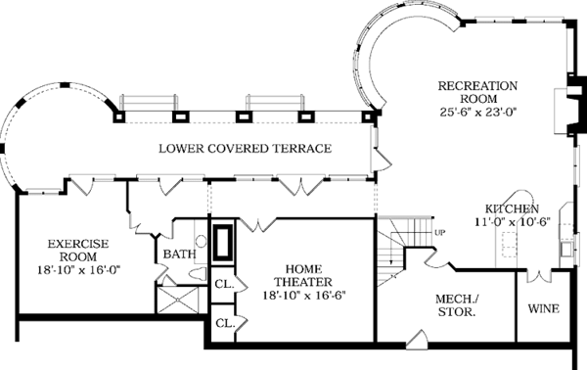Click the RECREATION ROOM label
pyautogui.click(x=477, y=92)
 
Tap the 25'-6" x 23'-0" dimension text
pyautogui.click(x=478, y=112)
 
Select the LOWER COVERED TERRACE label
pyautogui.click(x=246, y=149)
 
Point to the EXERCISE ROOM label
pyautogui.click(x=78, y=251)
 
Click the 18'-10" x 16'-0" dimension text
pyautogui.click(x=78, y=269)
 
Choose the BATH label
pyautogui.click(x=179, y=254)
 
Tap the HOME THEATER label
pyautogui.click(x=303, y=275)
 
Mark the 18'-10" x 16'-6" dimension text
pyautogui.click(x=303, y=295)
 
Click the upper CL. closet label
pyautogui.click(x=224, y=284)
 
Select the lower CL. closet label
pyautogui.click(x=225, y=323)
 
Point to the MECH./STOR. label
pyautogui.click(x=457, y=305)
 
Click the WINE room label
pyautogui.click(x=544, y=308)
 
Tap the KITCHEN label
pyautogui.click(x=512, y=208)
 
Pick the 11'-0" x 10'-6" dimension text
pyautogui.click(x=512, y=221)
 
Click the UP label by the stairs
pyautogui.click(x=440, y=233)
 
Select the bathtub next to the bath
pyautogui.click(x=223, y=242)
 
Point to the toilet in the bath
pyautogui.click(x=198, y=274)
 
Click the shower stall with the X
pyautogui.click(x=177, y=300)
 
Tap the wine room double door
pyautogui.click(x=538, y=276)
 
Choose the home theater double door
pyautogui.click(x=257, y=224)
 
